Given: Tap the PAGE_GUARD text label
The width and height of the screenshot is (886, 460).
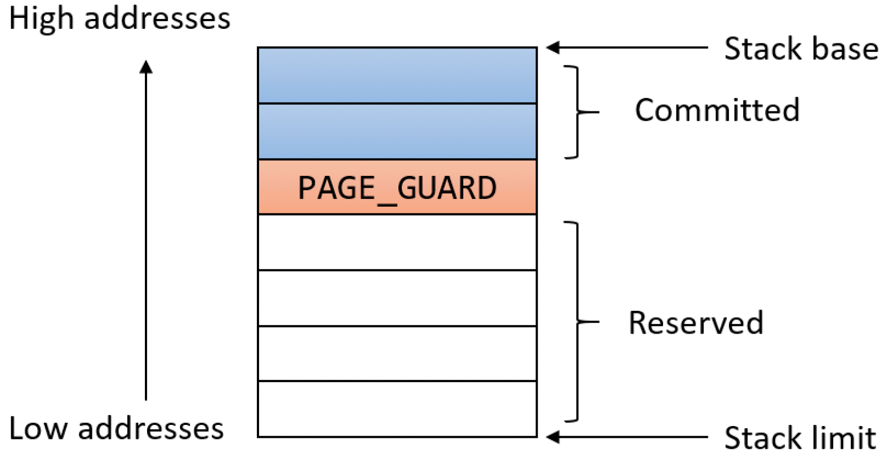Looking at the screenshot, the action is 397,188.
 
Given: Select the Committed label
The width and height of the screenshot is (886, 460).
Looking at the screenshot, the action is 717,110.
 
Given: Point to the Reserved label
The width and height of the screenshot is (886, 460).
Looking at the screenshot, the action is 696,322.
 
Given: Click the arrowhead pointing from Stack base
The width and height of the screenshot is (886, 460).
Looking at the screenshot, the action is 553,47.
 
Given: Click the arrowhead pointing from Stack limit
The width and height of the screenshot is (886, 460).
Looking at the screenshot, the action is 553,437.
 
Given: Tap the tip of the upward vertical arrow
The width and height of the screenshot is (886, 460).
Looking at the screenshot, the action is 146,61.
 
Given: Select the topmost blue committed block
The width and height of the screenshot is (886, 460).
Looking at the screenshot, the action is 397,76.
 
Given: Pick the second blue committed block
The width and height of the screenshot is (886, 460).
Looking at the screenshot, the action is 397,131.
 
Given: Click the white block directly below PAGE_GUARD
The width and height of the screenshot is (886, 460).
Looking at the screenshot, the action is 397,242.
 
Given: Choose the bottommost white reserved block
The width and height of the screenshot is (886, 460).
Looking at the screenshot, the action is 397,409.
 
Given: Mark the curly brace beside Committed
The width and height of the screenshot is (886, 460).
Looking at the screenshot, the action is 578,112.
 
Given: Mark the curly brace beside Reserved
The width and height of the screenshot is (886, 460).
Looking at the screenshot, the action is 578,322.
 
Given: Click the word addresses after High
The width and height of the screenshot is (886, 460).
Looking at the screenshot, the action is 158,18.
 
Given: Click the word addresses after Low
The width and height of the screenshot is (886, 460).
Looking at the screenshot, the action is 151,428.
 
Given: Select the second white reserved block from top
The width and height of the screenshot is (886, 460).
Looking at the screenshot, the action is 397,298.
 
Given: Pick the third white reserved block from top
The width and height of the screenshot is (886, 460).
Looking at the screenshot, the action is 397,354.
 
